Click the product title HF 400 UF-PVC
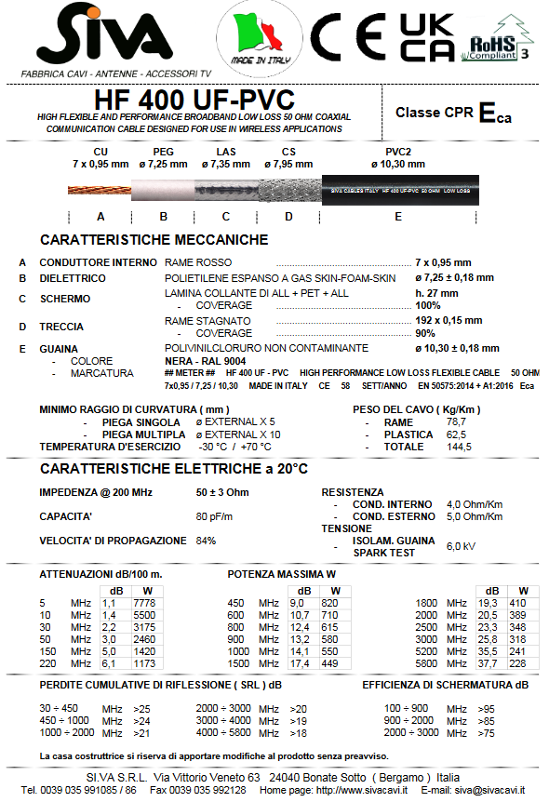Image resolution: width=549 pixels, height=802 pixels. (x=194, y=100)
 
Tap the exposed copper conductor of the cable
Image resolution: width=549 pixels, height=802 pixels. (x=99, y=190)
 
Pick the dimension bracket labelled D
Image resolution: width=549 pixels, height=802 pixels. (x=288, y=216)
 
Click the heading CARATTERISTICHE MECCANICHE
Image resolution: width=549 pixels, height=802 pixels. (x=154, y=240)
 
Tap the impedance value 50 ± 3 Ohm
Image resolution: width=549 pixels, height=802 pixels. (x=222, y=491)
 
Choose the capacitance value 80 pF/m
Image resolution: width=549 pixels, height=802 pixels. (x=214, y=516)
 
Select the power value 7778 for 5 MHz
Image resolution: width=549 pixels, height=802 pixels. (x=145, y=604)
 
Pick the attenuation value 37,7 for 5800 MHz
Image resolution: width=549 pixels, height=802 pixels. (x=488, y=663)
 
